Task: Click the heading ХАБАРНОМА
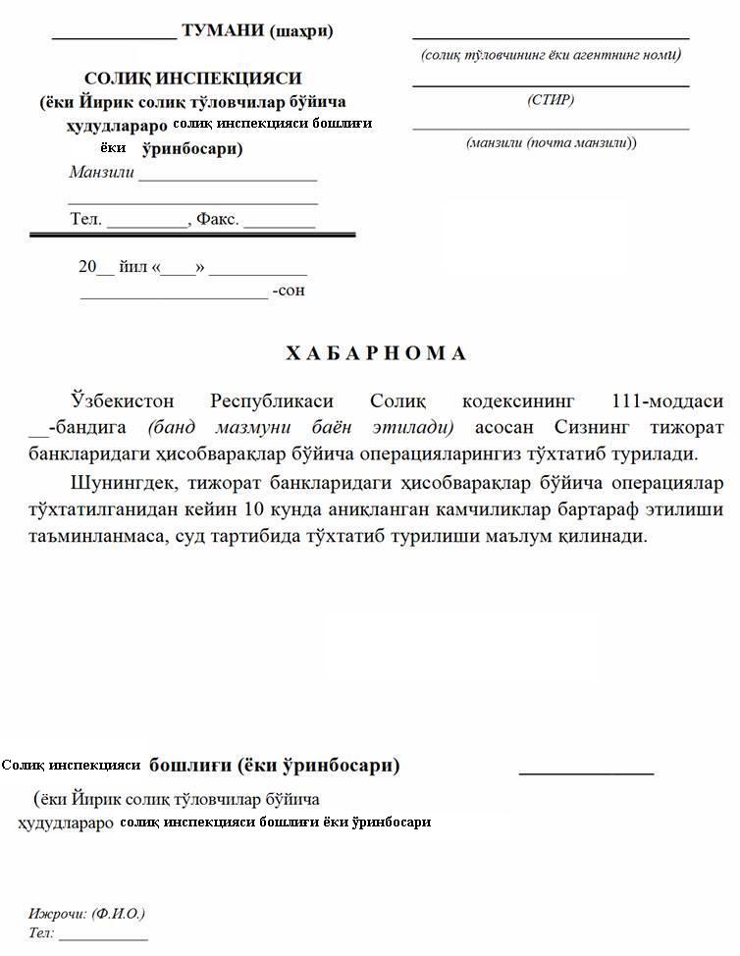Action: pyautogui.click(x=376, y=353)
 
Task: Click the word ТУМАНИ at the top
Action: pyautogui.click(x=223, y=30)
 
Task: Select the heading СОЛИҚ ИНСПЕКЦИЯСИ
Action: pyautogui.click(x=193, y=78)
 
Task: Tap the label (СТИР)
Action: pyautogui.click(x=551, y=100)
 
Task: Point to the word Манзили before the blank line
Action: pyautogui.click(x=101, y=173)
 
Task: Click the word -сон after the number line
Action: pyautogui.click(x=289, y=291)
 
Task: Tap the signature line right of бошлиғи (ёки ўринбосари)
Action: pyautogui.click(x=586, y=771)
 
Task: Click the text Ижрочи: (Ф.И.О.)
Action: pyautogui.click(x=86, y=914)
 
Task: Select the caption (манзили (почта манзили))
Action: pyautogui.click(x=551, y=143)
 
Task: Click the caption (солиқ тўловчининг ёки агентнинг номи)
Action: pyautogui.click(x=551, y=55)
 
